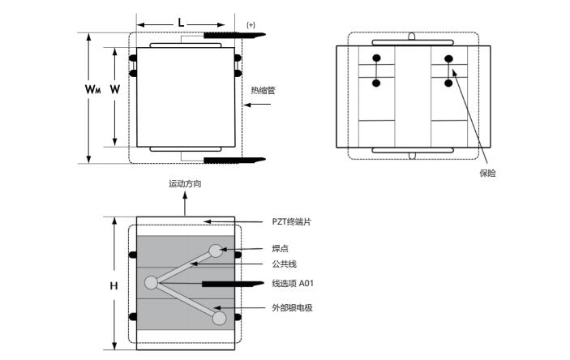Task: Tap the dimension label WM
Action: (x=92, y=90)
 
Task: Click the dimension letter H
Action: (x=114, y=285)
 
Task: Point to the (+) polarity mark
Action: (x=251, y=25)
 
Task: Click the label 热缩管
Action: (x=263, y=91)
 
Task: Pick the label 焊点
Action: (x=280, y=248)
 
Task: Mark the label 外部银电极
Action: (x=293, y=307)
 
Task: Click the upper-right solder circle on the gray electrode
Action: (x=215, y=251)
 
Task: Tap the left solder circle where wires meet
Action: (x=151, y=283)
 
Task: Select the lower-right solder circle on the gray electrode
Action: (x=219, y=317)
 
